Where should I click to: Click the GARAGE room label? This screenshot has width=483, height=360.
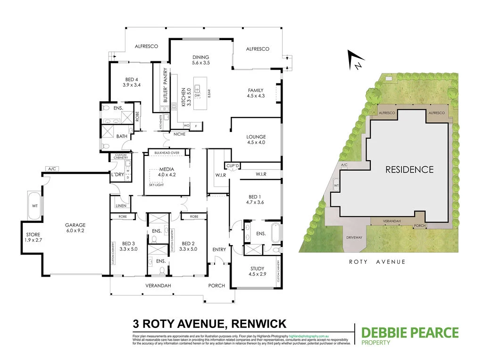click(75, 225)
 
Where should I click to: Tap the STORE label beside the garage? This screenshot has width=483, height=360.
click(33, 235)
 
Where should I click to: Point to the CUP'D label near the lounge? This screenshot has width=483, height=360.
click(233, 166)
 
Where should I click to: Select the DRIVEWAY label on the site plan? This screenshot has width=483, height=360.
click(354, 237)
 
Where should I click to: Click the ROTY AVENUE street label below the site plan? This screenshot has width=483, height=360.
click(376, 262)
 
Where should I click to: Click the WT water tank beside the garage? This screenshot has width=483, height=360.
click(34, 206)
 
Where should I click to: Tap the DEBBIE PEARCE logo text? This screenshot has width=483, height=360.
click(409, 333)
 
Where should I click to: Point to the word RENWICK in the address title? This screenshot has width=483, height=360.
click(258, 324)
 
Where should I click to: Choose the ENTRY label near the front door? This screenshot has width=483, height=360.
click(219, 250)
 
